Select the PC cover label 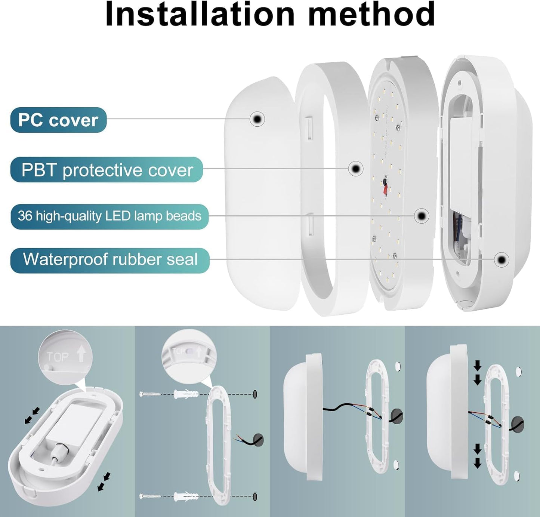coord(58,120)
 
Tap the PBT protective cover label coord(107,170)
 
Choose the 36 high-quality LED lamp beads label coord(109,216)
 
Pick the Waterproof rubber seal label coord(110,260)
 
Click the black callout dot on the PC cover coord(257,119)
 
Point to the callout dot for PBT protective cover coord(356,169)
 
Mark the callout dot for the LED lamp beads coord(422,216)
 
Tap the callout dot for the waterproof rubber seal coord(501,259)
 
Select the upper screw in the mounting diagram coord(151,394)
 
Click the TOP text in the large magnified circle coord(58,357)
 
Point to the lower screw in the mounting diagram coord(151,497)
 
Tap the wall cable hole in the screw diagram coord(258,440)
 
